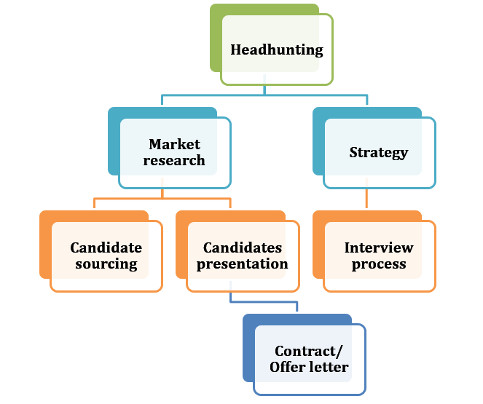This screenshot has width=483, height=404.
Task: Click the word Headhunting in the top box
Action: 276,50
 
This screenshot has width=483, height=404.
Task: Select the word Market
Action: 174,144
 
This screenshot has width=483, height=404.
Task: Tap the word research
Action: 174,160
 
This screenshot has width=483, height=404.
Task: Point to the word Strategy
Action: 378,153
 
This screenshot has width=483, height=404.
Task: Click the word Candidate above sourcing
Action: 106,247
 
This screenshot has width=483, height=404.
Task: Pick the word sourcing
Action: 106,264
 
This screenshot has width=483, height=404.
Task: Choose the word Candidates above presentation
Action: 242,247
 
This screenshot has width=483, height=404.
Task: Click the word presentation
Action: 242,264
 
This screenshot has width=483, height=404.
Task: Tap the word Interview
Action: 378,247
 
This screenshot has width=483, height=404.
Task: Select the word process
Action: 378,264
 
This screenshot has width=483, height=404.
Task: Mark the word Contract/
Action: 309,351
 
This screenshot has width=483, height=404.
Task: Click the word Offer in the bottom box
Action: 286,367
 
